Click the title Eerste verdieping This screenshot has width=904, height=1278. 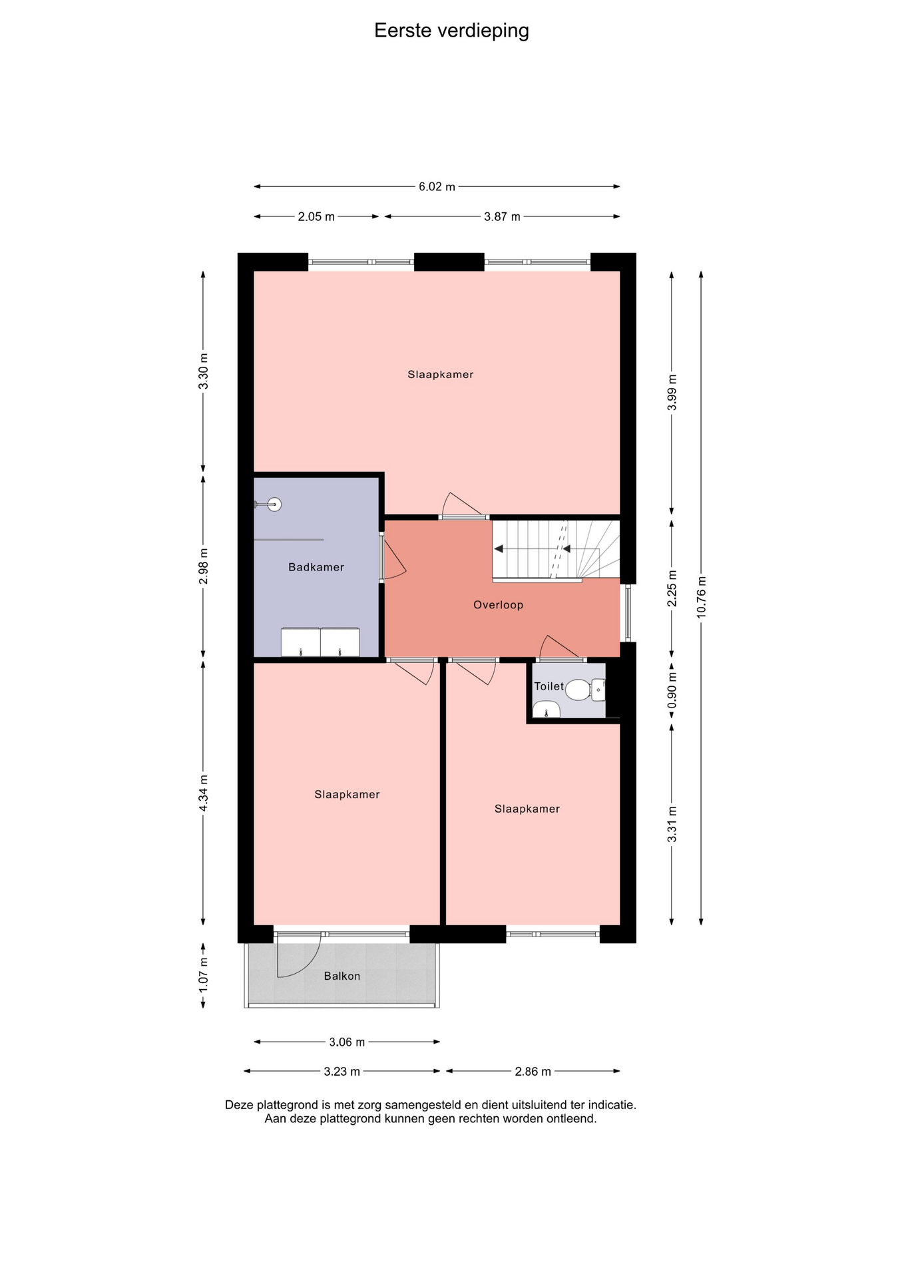point(451,31)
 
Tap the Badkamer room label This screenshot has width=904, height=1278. point(316,567)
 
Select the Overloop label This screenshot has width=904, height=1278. point(498,604)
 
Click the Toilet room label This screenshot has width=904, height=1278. point(549,686)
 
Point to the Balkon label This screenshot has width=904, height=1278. point(342,976)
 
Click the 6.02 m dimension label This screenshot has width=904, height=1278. point(437,186)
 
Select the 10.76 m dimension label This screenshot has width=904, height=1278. point(701,597)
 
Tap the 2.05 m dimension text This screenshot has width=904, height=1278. point(316,216)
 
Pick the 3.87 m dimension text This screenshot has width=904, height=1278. point(502,216)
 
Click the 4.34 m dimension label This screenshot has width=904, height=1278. point(204,793)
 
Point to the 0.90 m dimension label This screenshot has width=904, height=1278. point(672,696)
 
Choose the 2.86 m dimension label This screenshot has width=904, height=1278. point(533,1072)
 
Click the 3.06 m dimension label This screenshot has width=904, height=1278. point(347,1042)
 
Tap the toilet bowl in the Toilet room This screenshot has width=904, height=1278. point(578,690)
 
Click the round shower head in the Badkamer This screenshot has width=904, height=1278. point(274,505)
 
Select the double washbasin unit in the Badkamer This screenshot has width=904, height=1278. point(320,642)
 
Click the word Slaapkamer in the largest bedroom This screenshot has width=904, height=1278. point(441,374)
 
